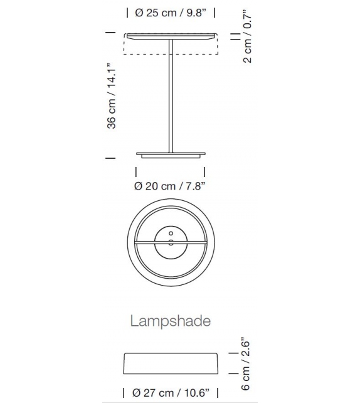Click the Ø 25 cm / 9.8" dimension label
[x=171, y=13]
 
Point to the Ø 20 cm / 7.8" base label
[x=170, y=185]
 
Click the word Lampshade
[x=170, y=321]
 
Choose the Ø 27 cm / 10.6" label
[x=172, y=394]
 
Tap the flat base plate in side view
[x=171, y=154]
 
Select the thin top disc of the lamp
[x=171, y=35]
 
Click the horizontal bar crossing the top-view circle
[x=144, y=240]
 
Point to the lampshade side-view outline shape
[x=171, y=363]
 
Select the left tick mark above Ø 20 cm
[x=136, y=171]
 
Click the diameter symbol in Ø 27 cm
[x=136, y=394]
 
